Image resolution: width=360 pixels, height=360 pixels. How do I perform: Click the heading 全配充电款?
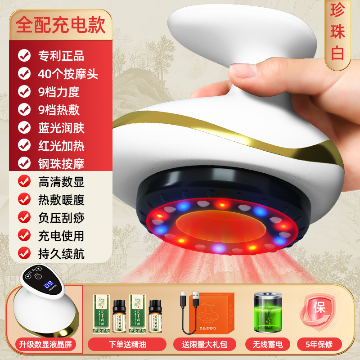pyautogui.click(x=60, y=25)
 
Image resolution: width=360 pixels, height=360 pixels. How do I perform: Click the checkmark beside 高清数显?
pyautogui.click(x=24, y=182)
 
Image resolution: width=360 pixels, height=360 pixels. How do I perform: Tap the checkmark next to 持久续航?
pyautogui.click(x=24, y=254)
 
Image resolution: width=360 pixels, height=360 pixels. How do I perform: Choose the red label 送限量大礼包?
pyautogui.click(x=205, y=345)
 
